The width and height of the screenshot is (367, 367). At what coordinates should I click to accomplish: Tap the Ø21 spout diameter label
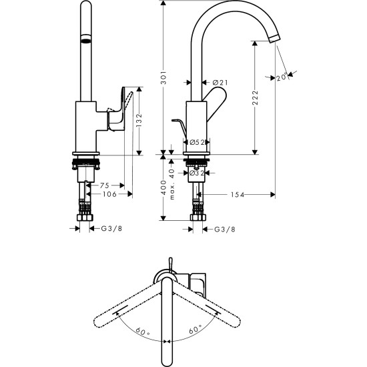coord(220,83)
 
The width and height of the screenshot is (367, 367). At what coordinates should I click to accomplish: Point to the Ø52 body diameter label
coord(196,142)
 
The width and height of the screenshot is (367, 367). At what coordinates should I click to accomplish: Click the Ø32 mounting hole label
coord(196,173)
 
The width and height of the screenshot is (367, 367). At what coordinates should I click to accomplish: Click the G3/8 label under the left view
coord(111,229)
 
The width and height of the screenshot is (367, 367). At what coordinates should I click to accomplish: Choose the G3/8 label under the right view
coord(223,229)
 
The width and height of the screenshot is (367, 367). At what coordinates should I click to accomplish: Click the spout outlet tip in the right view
coord(272,40)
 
